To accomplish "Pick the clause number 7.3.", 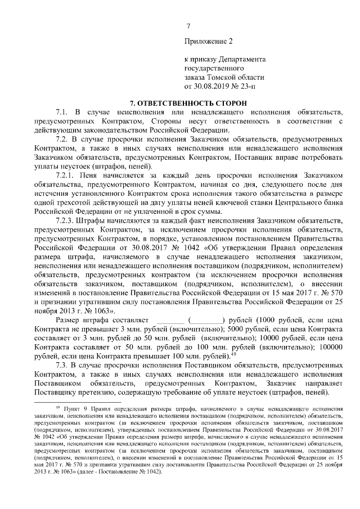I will (62, 364).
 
